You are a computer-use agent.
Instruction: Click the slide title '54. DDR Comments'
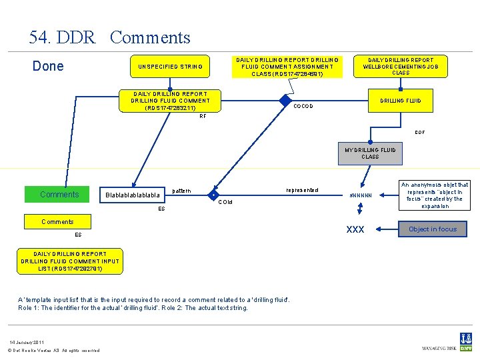tap(110, 38)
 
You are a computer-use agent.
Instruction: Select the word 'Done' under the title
tap(48, 66)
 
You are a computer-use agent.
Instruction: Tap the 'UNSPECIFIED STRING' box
tap(170, 67)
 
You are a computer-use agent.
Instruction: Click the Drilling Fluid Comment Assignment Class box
tap(287, 67)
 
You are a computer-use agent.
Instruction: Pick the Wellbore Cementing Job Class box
tap(401, 67)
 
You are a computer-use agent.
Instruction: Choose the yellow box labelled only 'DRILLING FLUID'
tap(401, 101)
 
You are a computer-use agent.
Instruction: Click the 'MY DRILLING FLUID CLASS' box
tap(370, 153)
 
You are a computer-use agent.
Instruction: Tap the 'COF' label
tap(419, 132)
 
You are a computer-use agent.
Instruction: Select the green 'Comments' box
tap(59, 195)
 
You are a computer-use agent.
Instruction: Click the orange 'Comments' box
tap(58, 221)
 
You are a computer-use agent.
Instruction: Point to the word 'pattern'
tap(181, 191)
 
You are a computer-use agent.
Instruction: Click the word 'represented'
tap(301, 190)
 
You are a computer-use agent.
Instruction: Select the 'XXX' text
tap(355, 229)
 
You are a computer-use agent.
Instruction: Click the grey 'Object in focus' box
tap(433, 229)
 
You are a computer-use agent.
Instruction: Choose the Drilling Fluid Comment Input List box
tap(70, 261)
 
